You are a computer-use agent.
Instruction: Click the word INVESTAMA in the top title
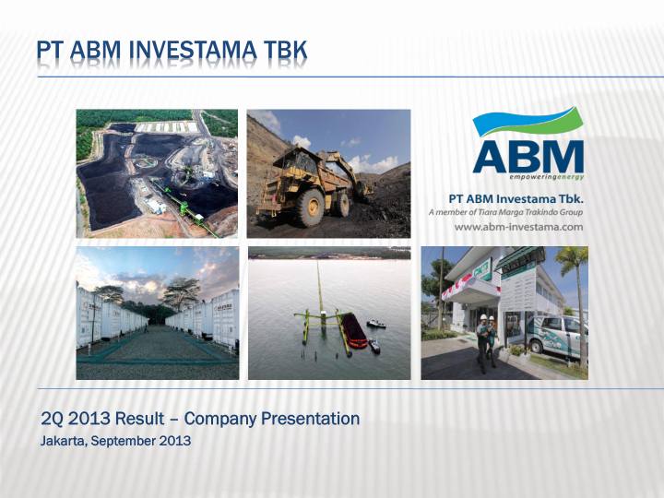click(x=193, y=51)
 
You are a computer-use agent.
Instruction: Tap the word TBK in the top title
click(x=285, y=51)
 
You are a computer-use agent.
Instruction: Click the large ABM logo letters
click(x=528, y=156)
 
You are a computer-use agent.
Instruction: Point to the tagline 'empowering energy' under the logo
click(x=546, y=176)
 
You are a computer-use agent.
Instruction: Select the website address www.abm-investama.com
click(x=518, y=227)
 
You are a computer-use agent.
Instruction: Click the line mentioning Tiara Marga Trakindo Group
click(x=505, y=212)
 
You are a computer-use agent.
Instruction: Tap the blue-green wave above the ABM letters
click(x=528, y=121)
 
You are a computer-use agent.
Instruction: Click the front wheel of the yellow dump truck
click(x=310, y=207)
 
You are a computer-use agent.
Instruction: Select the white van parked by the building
click(x=556, y=335)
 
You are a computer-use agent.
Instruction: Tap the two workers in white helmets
click(x=486, y=342)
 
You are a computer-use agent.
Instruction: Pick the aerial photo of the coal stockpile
click(x=157, y=173)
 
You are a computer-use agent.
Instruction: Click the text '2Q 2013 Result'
click(x=102, y=419)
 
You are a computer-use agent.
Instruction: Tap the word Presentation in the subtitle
click(x=311, y=419)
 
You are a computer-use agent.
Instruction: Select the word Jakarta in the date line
click(x=64, y=441)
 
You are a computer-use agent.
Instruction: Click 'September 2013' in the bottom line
click(x=141, y=441)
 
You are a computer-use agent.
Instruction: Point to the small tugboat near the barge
click(x=376, y=325)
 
